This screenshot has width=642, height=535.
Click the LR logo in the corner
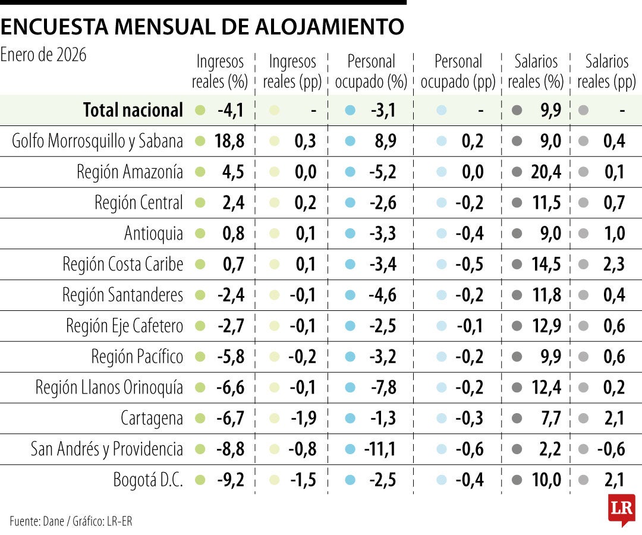point(621,509)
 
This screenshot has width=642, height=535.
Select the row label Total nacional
point(133,110)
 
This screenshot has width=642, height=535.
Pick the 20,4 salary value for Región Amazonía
point(546,172)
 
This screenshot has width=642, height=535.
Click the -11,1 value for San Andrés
point(380,449)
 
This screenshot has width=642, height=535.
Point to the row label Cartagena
point(152,418)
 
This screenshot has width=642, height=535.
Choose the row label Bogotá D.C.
point(148,480)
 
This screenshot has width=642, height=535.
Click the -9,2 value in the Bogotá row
point(231,480)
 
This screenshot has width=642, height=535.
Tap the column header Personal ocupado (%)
point(371,71)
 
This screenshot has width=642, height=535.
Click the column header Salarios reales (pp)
point(606,71)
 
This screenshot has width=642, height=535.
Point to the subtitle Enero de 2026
point(43,55)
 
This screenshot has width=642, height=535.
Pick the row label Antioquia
point(153,234)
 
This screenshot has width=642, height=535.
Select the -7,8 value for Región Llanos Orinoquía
point(383,387)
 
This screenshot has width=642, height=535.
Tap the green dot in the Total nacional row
point(200,110)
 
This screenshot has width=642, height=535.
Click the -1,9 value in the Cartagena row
point(303,418)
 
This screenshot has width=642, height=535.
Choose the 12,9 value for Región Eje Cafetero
point(546,326)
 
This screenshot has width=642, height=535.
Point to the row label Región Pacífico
point(137,356)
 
